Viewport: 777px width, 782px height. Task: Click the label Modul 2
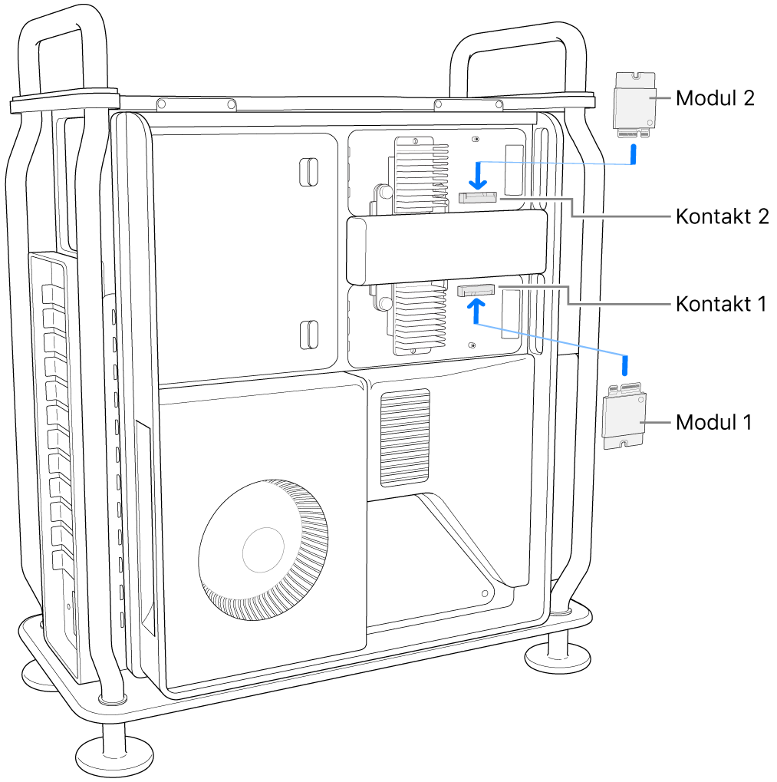(715, 97)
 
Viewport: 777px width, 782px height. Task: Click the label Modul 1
(714, 422)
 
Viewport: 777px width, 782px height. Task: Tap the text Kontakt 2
(722, 216)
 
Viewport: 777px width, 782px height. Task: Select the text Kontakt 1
(720, 304)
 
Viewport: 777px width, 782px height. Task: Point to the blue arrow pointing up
(477, 309)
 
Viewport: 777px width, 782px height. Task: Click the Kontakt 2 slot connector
(477, 197)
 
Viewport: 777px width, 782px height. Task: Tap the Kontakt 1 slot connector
(476, 291)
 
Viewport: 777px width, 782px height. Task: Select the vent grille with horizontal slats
(405, 437)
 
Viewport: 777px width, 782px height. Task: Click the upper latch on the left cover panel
(307, 171)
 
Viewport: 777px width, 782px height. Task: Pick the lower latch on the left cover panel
(307, 334)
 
